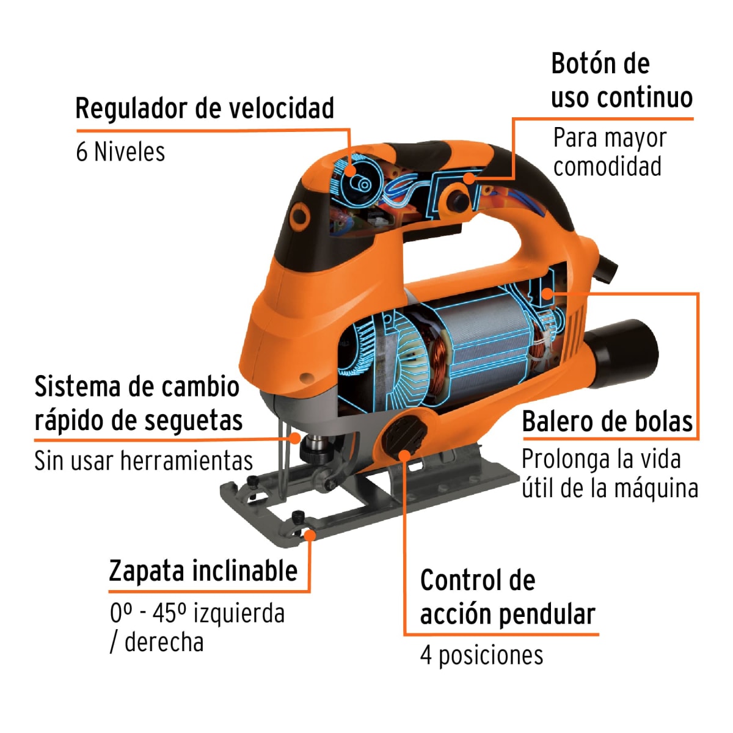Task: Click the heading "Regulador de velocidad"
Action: [205, 109]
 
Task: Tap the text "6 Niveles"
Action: [120, 151]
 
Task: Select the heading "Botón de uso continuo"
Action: [621, 81]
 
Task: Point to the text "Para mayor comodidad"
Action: [608, 152]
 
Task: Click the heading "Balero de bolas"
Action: [607, 422]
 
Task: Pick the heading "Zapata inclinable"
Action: [203, 571]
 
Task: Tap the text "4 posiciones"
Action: [481, 655]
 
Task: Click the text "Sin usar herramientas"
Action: [144, 461]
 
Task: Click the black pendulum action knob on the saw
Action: [403, 436]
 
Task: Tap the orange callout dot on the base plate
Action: [310, 536]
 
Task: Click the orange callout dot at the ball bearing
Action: [548, 294]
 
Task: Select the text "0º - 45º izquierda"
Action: [197, 613]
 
